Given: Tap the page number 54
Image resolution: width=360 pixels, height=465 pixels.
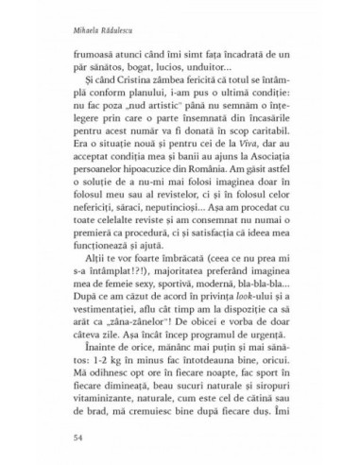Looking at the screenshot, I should click(64, 438).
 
